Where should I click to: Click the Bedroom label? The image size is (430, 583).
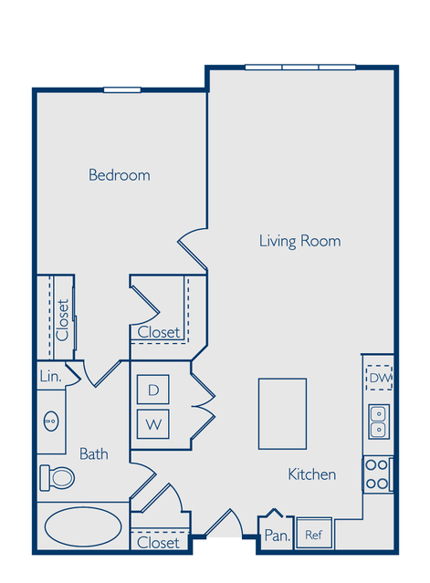pos(120,175)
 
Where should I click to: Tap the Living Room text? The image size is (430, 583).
pos(299,241)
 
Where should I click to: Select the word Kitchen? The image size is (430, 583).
pos(311,474)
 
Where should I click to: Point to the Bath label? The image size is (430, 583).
pos(94,454)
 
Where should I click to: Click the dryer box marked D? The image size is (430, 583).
pos(152,390)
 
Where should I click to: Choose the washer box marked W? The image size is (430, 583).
pos(152,424)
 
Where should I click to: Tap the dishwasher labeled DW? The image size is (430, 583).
pos(379,378)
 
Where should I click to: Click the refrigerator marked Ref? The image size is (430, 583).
pos(313,534)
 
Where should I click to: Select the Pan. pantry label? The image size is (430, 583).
pos(277,536)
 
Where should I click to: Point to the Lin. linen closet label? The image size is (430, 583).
pos(50,376)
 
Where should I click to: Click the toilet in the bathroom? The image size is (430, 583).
pos(57,477)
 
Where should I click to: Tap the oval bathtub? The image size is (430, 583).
pos(83,526)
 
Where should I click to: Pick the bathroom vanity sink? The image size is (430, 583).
pos(51,422)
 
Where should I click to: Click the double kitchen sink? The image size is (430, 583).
pos(379,422)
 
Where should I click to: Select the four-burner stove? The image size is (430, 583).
pos(377,474)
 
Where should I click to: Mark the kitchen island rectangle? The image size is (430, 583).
pos(282,414)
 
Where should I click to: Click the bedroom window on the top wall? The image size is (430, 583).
pos(122,89)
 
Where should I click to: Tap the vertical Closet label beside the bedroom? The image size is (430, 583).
pos(62,320)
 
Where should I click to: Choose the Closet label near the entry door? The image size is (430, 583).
pos(158,543)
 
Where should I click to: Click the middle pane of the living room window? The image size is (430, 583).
pos(300,68)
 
